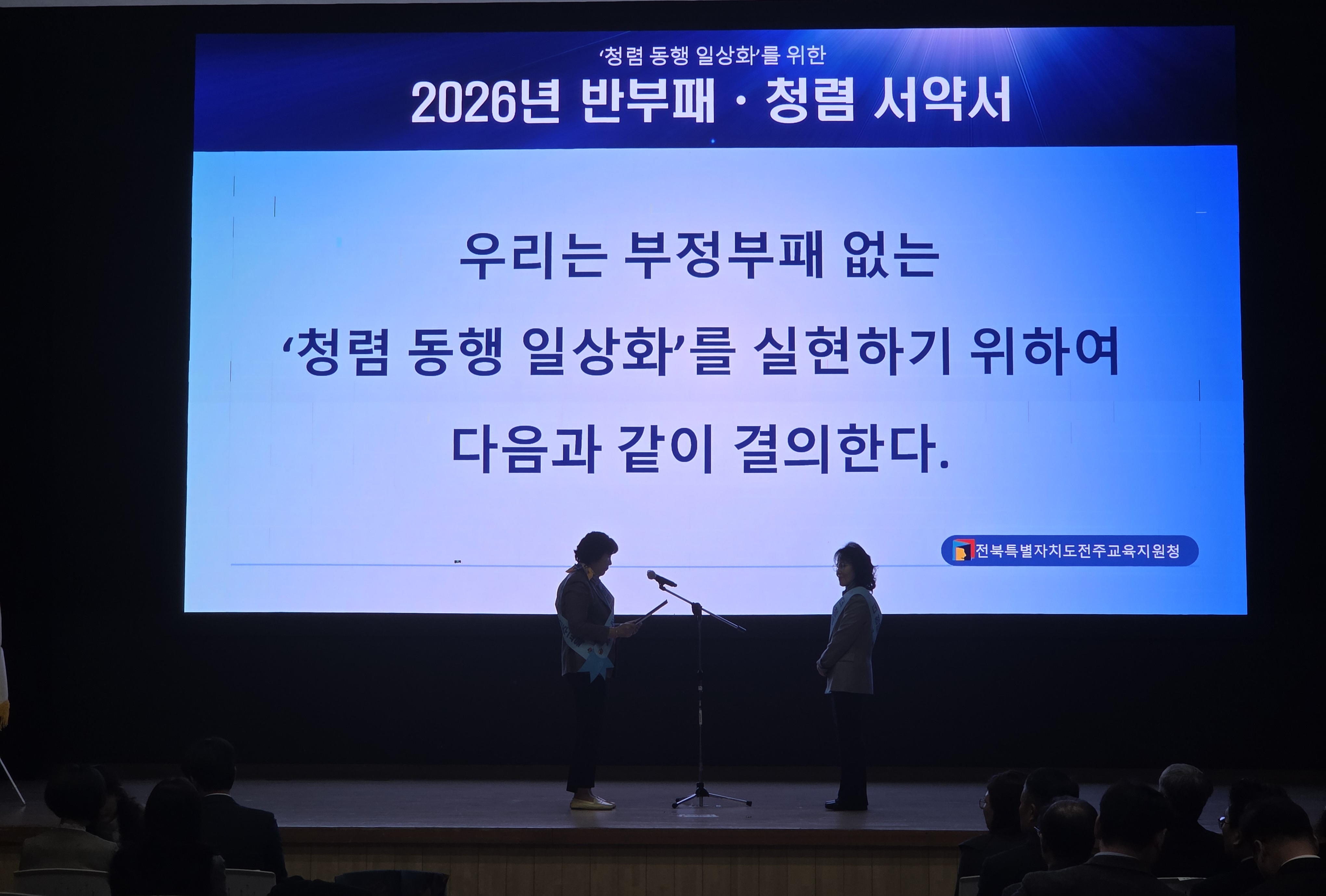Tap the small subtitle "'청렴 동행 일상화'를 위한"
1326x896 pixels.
pyautogui.click(x=712, y=55)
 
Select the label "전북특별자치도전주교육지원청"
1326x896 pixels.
pyautogui.click(x=1077, y=551)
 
